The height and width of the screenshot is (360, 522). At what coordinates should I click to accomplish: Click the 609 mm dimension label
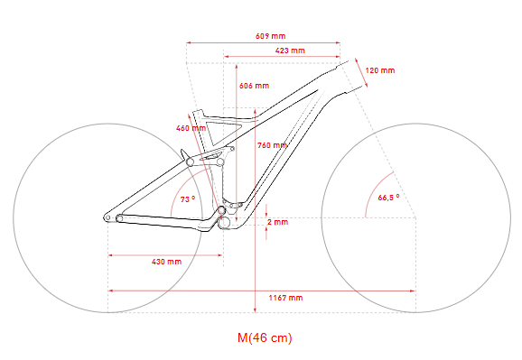coord(270,36)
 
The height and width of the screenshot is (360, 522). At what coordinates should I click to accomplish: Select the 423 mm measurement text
coord(290,51)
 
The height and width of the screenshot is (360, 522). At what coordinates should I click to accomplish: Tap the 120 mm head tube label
coord(380,70)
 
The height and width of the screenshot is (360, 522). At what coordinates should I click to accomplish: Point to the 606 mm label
coord(254,86)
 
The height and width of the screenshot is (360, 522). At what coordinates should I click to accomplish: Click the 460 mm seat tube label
coord(191,128)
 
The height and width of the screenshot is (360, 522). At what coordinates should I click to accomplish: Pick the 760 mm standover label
coord(272,145)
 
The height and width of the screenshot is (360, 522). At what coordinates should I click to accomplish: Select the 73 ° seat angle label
coord(188,199)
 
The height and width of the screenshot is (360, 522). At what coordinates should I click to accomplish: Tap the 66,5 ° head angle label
coord(388,198)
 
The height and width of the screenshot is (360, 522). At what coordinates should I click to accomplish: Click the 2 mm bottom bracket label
coord(277,222)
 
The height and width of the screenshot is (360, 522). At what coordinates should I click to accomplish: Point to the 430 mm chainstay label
coord(166,262)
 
